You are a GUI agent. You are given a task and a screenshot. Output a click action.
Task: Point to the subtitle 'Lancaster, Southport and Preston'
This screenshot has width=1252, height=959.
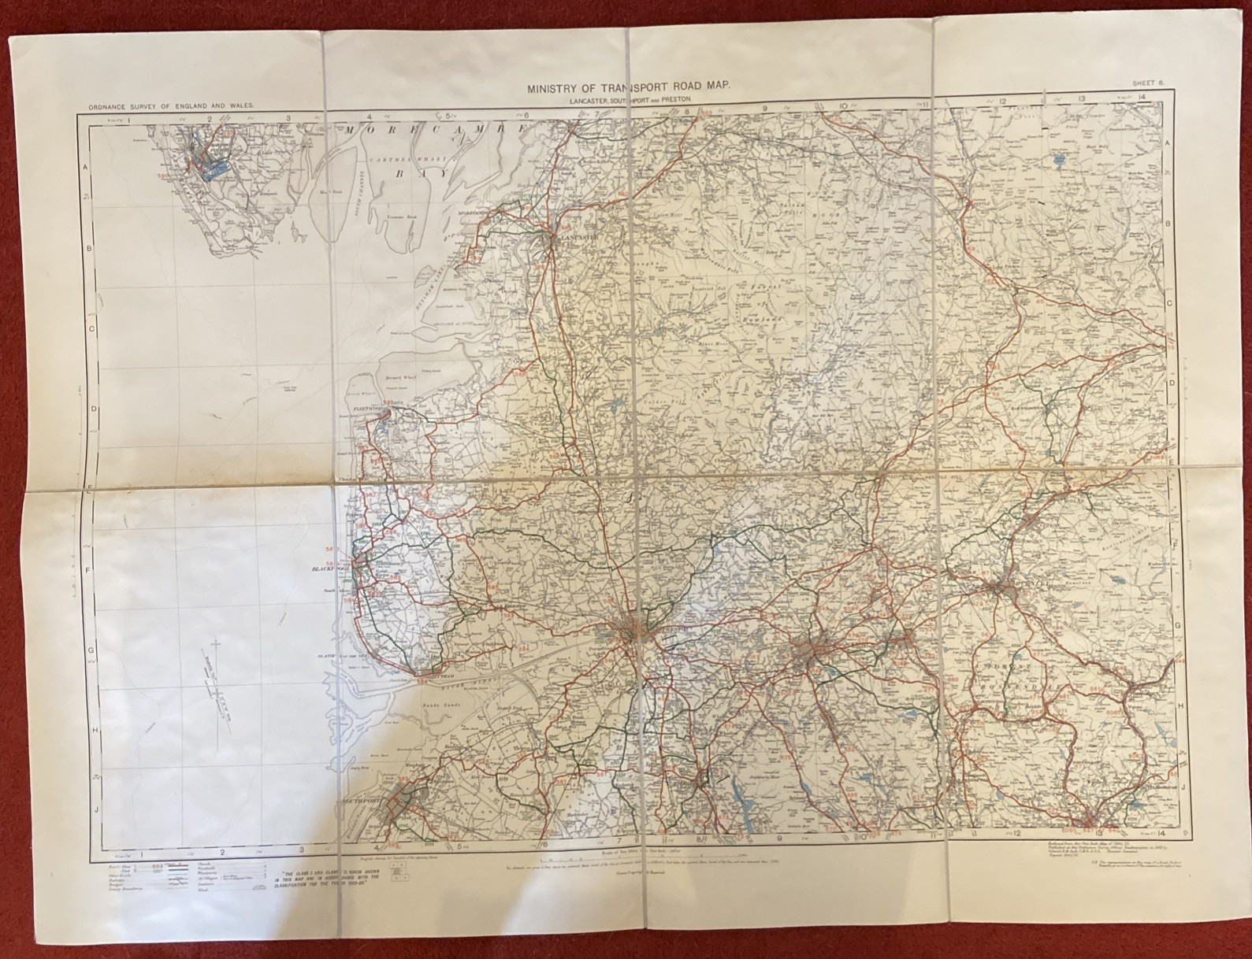[x=629, y=102]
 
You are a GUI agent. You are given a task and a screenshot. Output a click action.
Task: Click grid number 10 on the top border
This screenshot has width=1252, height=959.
[x=843, y=107]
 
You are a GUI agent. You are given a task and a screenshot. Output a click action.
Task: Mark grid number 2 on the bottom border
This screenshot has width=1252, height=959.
[x=222, y=851]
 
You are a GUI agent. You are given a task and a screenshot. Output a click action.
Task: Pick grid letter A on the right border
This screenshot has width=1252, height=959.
[x=1167, y=142]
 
